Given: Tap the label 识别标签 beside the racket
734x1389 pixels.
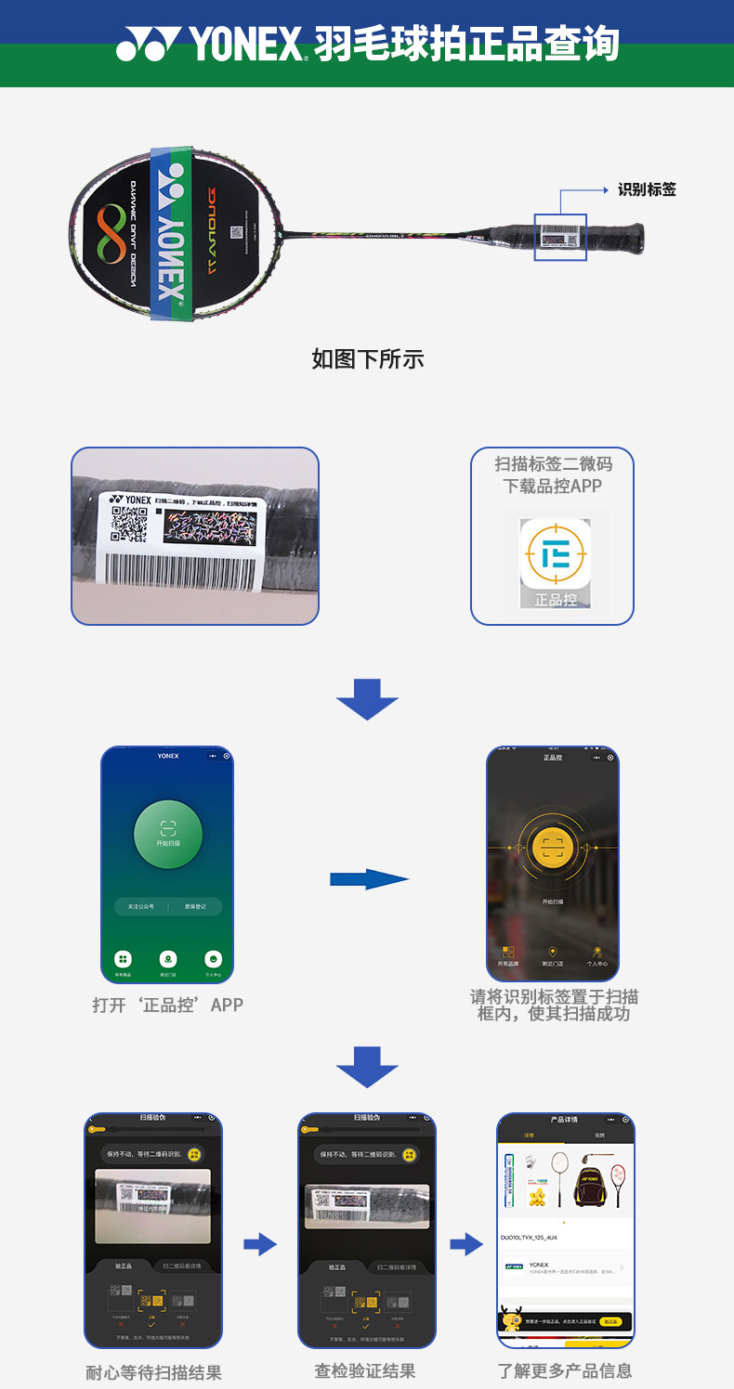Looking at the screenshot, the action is pyautogui.click(x=647, y=189).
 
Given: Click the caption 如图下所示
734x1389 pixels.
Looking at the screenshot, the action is pyautogui.click(x=367, y=359).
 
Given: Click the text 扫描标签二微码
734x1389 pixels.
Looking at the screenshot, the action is pyautogui.click(x=553, y=464).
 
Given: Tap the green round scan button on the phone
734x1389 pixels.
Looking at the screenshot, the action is pyautogui.click(x=168, y=833).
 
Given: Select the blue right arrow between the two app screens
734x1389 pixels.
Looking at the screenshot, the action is pyautogui.click(x=369, y=878).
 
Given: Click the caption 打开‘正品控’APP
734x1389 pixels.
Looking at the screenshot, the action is pyautogui.click(x=168, y=1005).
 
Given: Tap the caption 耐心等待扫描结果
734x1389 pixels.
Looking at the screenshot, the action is pyautogui.click(x=154, y=1372).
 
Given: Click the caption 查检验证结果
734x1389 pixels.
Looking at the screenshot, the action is pyautogui.click(x=364, y=1370).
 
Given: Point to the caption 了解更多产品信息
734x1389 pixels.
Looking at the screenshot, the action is pyautogui.click(x=565, y=1370).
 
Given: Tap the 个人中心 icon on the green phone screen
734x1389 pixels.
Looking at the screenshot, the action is pyautogui.click(x=214, y=960).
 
